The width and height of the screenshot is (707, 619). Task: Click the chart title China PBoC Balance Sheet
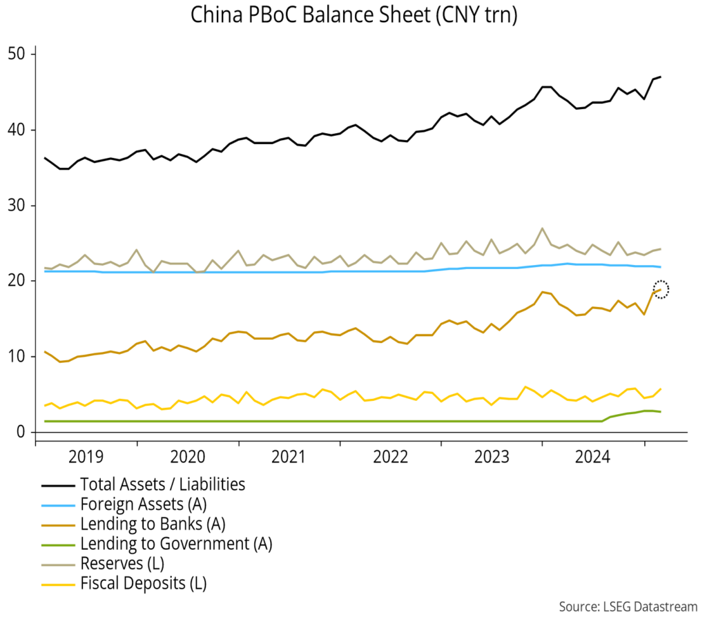point(353,15)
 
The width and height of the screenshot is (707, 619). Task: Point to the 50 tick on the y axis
point(17,54)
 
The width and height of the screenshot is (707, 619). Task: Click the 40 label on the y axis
point(17,130)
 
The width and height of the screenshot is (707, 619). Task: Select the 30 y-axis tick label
point(17,206)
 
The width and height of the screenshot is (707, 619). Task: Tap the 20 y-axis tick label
point(17,281)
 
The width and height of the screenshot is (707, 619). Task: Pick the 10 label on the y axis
point(17,357)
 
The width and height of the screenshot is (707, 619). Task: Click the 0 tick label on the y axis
point(21,433)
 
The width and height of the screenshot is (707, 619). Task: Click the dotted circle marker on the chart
point(661,289)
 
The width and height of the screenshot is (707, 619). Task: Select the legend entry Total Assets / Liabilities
point(162,484)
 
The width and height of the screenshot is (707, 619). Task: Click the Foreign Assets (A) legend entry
point(143,504)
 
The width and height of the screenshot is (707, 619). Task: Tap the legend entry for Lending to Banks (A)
point(153,524)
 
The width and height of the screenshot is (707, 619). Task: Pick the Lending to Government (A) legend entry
point(175,544)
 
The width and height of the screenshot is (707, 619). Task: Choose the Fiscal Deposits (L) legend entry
point(143,584)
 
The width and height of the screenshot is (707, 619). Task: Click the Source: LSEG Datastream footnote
point(628,606)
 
